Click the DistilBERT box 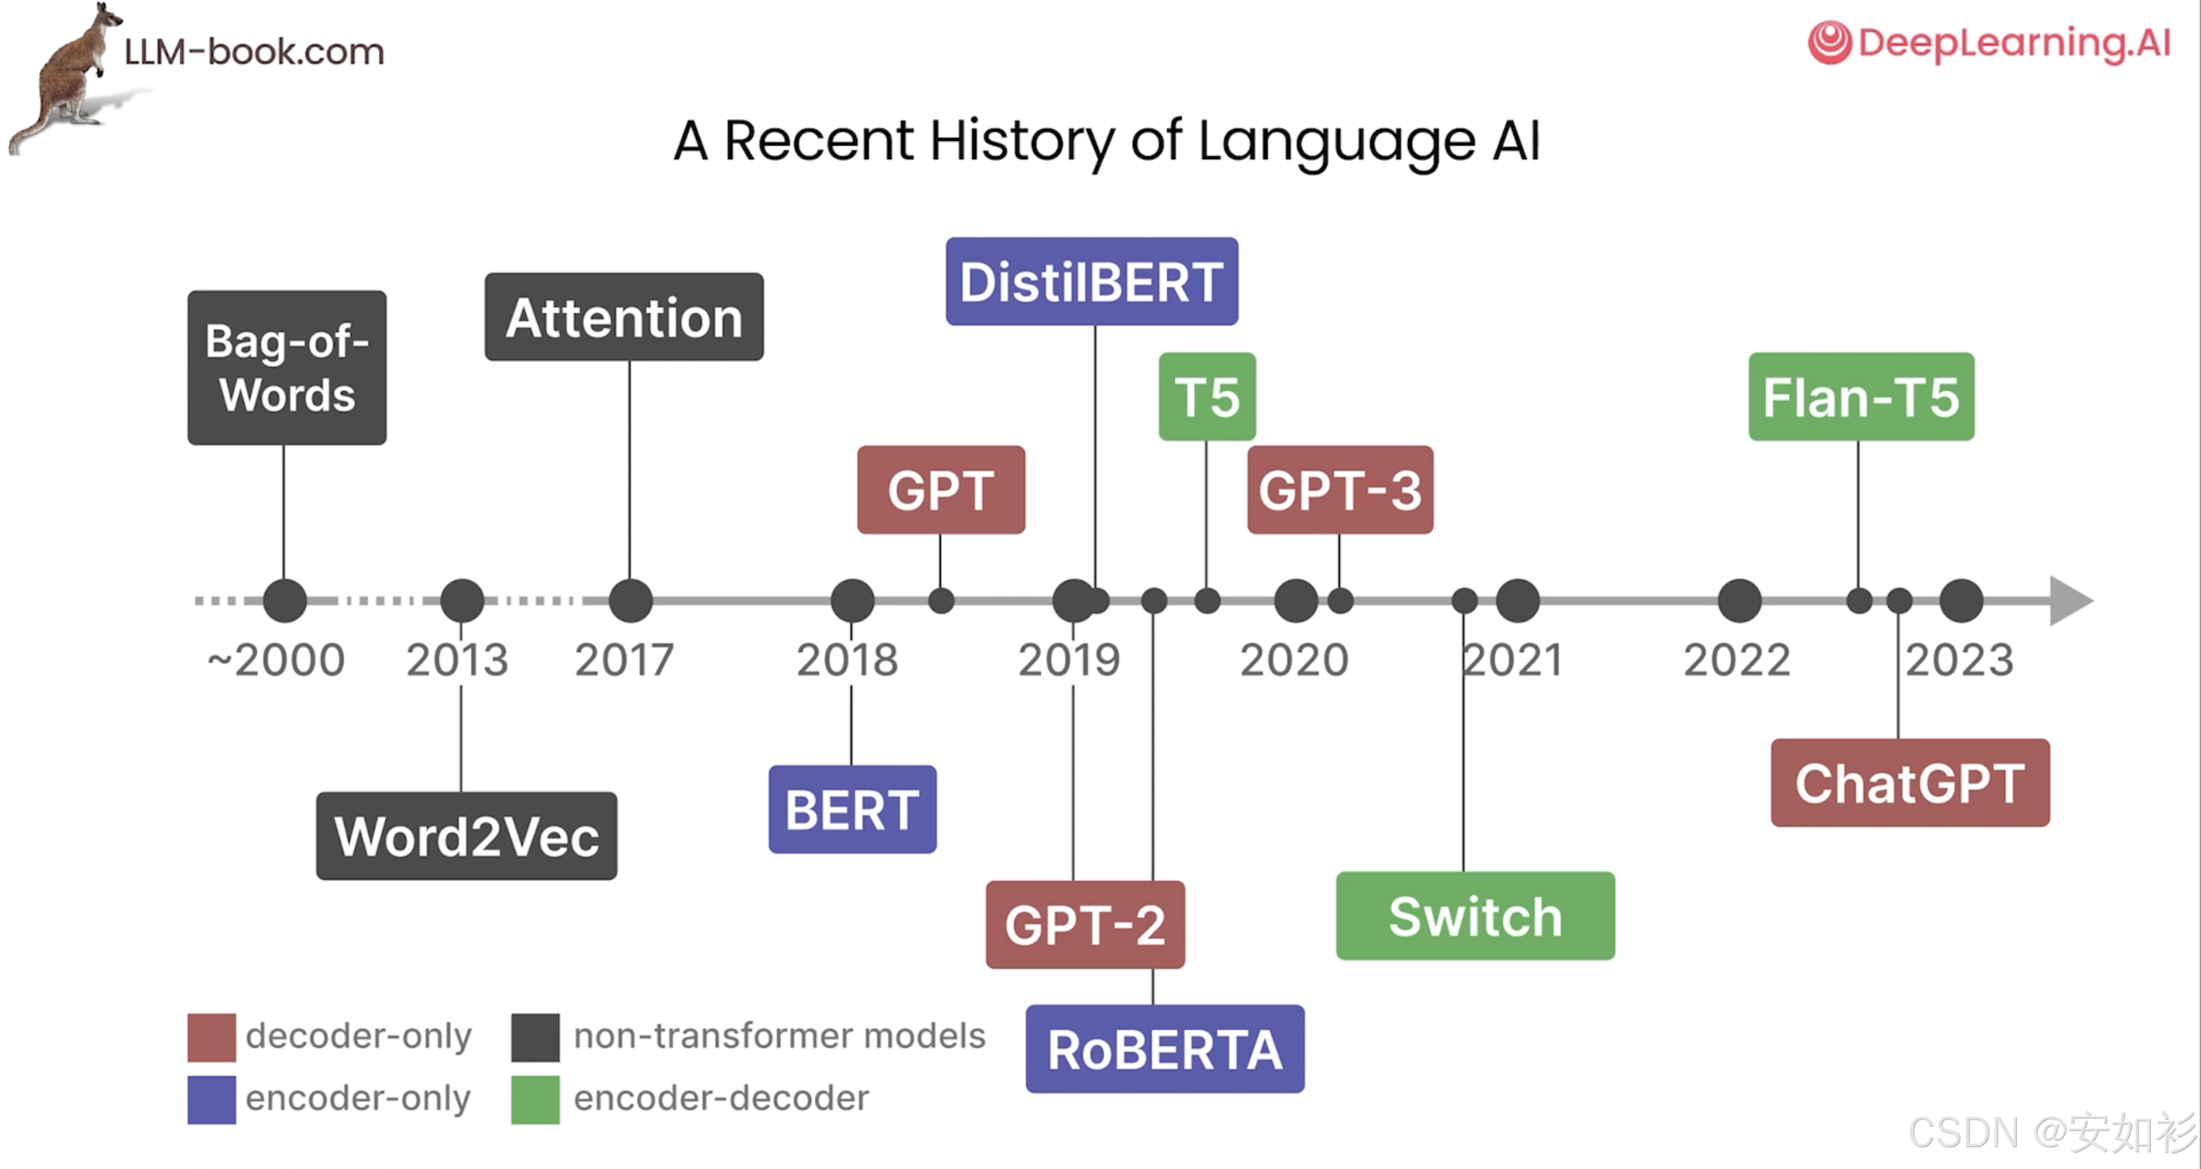1091,281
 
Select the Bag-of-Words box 286,368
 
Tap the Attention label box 624,317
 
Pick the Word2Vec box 466,836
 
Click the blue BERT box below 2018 852,809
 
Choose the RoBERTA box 1165,1049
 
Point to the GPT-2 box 1084,924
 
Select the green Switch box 1475,916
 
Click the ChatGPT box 1909,783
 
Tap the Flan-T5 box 1861,397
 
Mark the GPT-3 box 1340,490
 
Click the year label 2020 1294,660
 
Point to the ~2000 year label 276,660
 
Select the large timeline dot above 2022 1739,601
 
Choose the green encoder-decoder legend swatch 535,1099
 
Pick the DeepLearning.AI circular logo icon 1829,42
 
